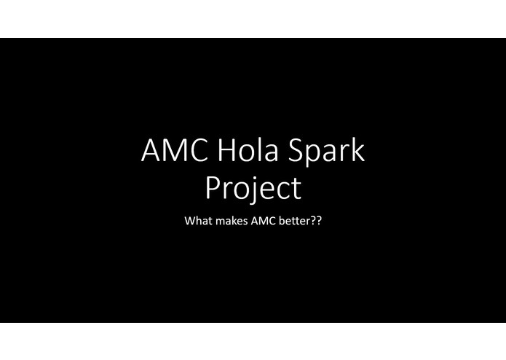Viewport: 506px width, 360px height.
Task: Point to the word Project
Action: [x=253, y=188]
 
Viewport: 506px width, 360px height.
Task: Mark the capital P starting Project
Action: [x=213, y=187]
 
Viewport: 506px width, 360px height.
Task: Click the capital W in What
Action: [x=191, y=219]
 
